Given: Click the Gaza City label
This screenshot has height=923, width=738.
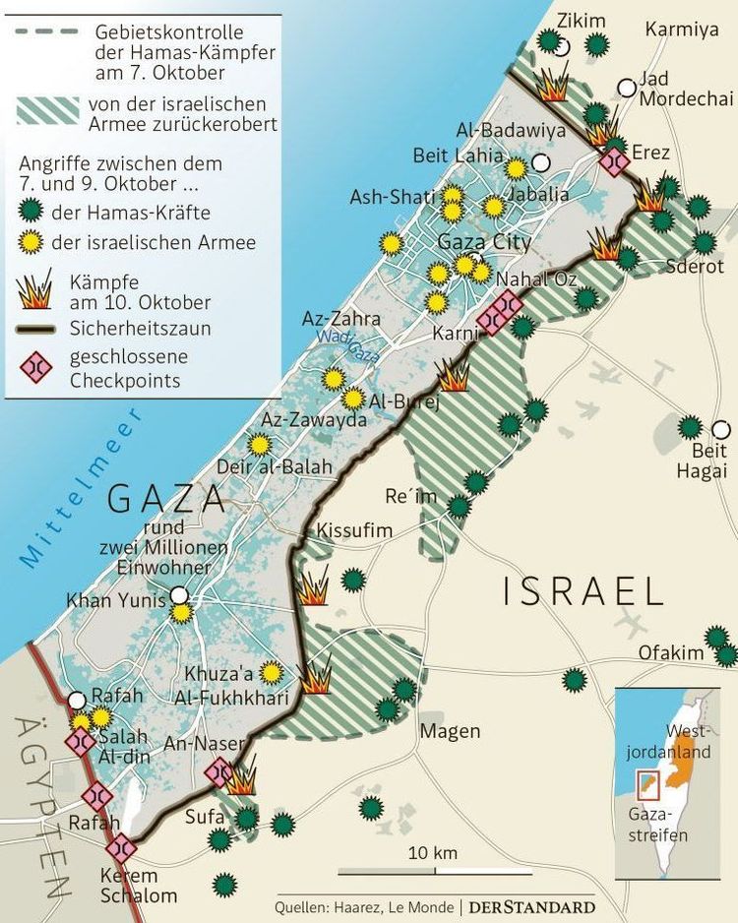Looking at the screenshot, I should pos(484,242).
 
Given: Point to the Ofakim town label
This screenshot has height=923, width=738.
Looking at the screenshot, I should pos(671,652).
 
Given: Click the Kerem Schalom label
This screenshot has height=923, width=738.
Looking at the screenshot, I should pos(139,886).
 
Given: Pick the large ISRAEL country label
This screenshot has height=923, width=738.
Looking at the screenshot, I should pos(584,591).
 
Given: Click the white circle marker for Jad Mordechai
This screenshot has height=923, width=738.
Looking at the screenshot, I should pos(627,88).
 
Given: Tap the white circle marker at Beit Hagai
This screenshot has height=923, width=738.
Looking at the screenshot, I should pos(721,429).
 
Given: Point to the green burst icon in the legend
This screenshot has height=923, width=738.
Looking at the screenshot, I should pos(32,211).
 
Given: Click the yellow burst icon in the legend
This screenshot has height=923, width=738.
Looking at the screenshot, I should pos(32,242).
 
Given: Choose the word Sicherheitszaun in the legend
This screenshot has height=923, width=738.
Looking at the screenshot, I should pos(140,329).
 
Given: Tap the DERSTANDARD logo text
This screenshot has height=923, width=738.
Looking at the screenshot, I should pos(531,906).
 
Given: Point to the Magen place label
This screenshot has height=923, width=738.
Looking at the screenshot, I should pos(450,731).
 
